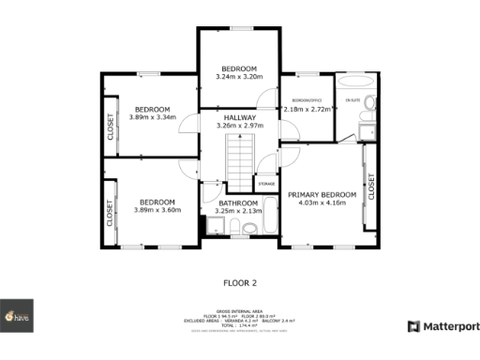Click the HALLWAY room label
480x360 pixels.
point(239,117)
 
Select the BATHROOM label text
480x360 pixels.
point(238,203)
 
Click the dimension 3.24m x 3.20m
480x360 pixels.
point(239,77)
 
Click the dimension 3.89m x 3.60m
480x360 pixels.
point(157,210)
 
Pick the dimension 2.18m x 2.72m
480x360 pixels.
point(307,109)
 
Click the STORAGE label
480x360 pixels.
point(266,184)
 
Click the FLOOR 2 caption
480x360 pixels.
point(240,281)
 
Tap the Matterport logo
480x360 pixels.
point(443,326)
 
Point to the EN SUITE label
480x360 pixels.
point(352,99)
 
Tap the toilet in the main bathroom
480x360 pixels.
point(208,225)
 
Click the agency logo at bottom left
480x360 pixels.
point(17,317)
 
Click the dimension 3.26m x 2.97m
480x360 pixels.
point(239,126)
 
